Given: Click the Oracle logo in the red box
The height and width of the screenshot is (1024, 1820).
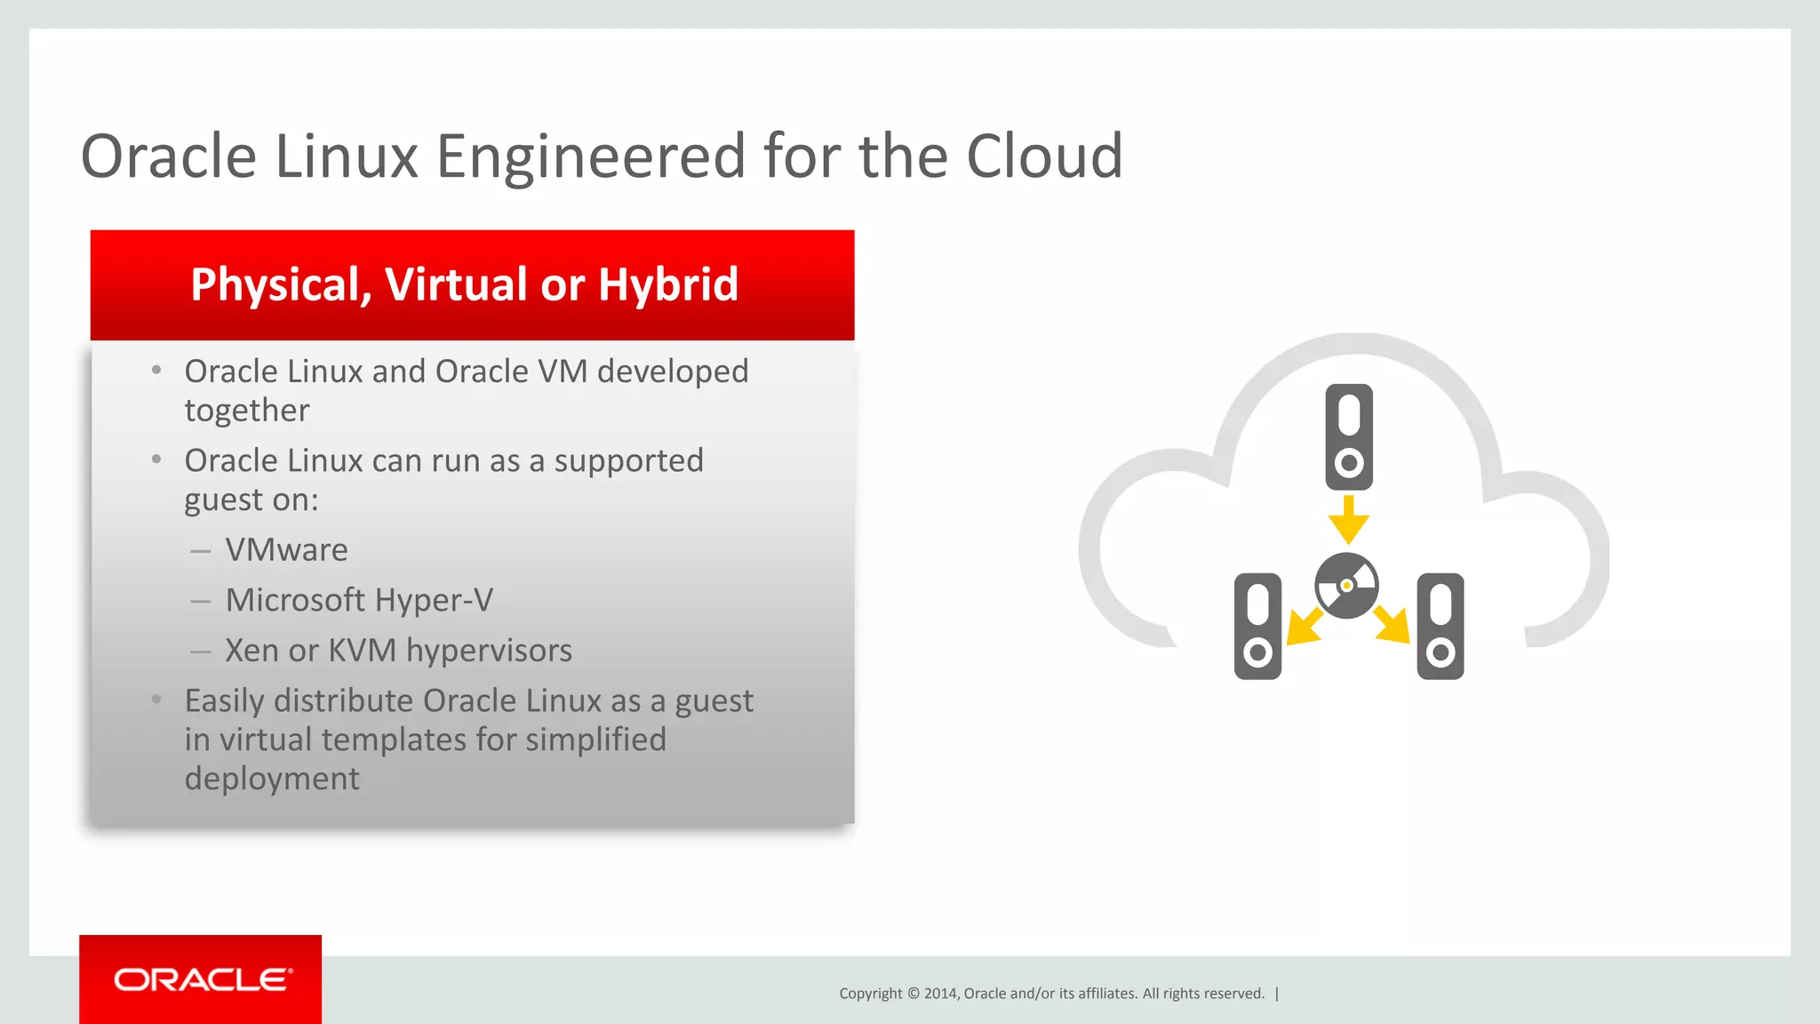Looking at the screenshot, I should click(x=203, y=980).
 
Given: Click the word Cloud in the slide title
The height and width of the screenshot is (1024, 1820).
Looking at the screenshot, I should click(x=1044, y=156).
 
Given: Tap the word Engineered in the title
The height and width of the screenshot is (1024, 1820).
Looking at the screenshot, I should click(x=591, y=156).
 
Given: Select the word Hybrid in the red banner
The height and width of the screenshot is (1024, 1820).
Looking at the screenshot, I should click(x=667, y=285).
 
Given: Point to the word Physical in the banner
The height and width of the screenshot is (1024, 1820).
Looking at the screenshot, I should click(x=281, y=285).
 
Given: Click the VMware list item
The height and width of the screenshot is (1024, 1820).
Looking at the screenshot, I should click(x=286, y=550).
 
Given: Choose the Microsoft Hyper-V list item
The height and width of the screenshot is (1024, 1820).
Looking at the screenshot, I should click(x=359, y=601).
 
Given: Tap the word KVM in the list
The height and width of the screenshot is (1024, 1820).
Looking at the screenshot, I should click(x=362, y=651).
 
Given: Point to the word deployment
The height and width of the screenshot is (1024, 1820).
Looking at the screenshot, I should click(x=272, y=779).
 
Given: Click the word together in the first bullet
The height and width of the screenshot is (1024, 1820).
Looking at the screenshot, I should click(x=247, y=411).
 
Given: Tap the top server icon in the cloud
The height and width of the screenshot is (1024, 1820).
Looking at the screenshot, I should click(x=1349, y=436).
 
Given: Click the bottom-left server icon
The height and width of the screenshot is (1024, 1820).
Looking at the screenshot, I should click(x=1257, y=626).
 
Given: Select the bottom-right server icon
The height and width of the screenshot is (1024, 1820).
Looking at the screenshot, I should click(x=1441, y=626).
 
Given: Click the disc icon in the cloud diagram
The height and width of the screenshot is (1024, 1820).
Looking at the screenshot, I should click(x=1346, y=586).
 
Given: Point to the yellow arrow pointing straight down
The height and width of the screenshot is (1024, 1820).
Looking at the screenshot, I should click(x=1349, y=520).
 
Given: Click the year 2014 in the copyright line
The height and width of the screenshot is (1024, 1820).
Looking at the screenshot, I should click(x=940, y=994).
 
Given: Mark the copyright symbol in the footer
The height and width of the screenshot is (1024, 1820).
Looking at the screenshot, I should click(x=913, y=994).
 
